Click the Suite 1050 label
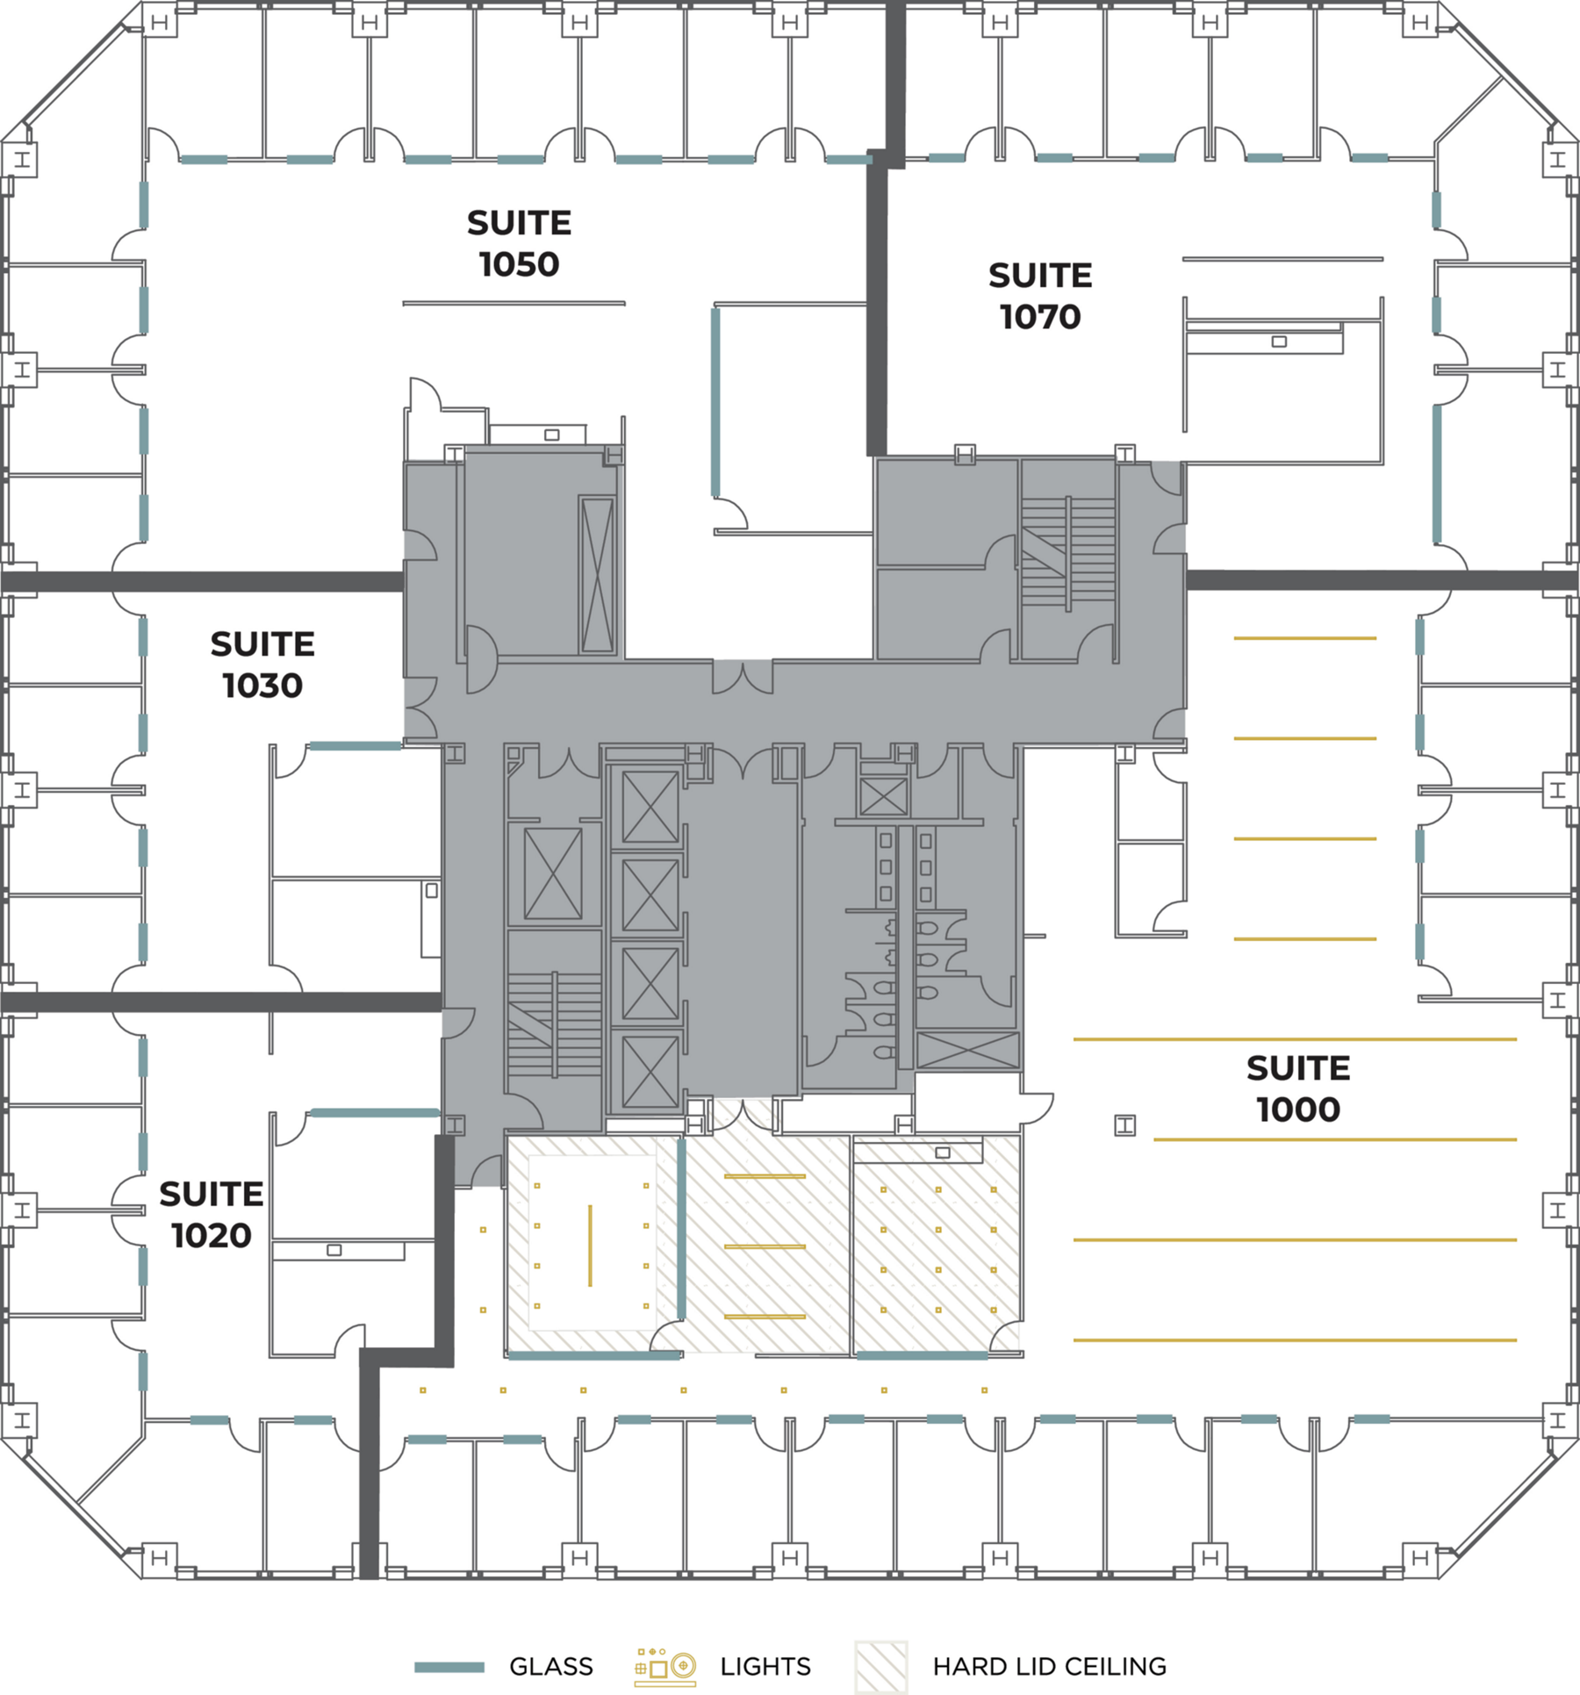(x=519, y=243)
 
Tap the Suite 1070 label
(x=1040, y=296)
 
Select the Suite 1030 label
(x=262, y=664)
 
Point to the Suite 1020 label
(x=212, y=1214)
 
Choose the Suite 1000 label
(x=1298, y=1088)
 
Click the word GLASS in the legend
(x=551, y=1666)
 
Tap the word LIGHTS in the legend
(x=765, y=1666)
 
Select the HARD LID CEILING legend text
(x=1050, y=1666)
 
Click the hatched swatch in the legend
(x=881, y=1666)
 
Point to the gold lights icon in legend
(x=665, y=1666)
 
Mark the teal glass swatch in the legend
(x=449, y=1667)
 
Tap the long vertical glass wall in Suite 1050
(x=716, y=402)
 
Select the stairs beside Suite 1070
(x=1067, y=553)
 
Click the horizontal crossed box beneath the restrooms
(x=968, y=1051)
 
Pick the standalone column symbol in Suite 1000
(x=1125, y=1125)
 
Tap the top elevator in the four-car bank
(x=650, y=807)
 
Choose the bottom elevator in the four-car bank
(x=650, y=1073)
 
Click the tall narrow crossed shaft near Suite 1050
(x=597, y=574)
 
